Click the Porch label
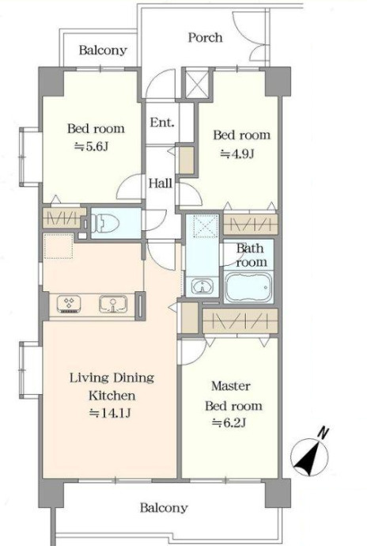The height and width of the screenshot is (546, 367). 205,38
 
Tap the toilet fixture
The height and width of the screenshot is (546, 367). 104,222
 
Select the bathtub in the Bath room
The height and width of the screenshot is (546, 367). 248,287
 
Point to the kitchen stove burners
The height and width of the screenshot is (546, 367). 69,305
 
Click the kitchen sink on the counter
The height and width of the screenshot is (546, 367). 113,305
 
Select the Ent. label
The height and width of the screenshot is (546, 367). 162,123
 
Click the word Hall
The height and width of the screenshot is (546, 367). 161,183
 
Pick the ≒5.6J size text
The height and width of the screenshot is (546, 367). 92,146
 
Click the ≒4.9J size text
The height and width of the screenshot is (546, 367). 237,154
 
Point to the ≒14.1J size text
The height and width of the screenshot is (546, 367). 110,413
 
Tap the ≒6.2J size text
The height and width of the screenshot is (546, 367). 229,423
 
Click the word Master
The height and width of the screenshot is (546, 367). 231,386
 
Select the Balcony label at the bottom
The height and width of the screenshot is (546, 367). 164,508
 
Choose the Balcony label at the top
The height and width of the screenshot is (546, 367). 103,50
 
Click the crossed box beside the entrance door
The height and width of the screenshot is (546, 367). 196,84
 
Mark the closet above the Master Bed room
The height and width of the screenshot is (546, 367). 240,320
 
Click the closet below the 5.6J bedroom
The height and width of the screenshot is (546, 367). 64,218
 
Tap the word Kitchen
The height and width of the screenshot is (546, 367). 112,396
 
